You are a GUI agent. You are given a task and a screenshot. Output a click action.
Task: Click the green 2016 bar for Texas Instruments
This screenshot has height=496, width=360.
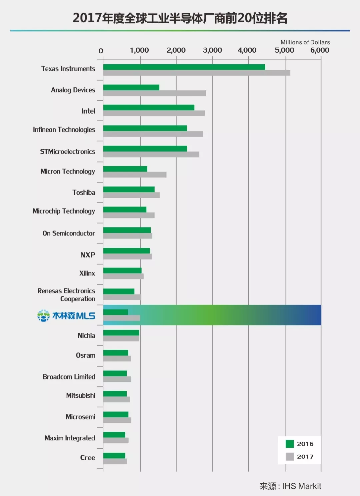point(184,67)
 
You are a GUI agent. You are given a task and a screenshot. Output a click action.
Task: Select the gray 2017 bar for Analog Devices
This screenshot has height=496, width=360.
point(154,93)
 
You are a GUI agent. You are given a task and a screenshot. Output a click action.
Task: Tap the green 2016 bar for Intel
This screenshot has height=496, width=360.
point(149,108)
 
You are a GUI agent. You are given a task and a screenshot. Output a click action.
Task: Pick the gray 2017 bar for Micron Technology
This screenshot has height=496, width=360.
point(135,175)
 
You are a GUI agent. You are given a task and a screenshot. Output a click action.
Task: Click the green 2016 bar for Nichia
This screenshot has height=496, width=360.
point(121,333)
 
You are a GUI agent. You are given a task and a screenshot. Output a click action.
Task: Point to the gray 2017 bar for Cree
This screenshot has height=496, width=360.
point(115,461)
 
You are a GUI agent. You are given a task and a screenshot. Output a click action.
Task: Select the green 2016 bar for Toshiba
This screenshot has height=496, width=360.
point(129,190)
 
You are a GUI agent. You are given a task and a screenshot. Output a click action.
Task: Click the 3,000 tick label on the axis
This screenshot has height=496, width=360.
point(212,50)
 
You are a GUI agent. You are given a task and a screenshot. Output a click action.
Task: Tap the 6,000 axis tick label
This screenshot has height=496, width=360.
point(320,50)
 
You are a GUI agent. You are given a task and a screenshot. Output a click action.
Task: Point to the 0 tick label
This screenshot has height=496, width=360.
point(101,51)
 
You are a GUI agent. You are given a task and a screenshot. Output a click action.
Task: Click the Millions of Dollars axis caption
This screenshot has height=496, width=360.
point(305,42)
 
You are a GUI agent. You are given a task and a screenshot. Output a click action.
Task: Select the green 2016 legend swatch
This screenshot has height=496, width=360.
point(290,444)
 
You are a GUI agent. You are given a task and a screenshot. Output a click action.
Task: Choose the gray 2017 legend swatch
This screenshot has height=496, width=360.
point(290,456)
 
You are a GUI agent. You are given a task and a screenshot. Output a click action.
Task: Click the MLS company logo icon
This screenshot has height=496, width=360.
point(43,315)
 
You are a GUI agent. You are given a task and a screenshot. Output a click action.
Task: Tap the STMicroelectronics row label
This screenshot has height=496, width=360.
point(67,152)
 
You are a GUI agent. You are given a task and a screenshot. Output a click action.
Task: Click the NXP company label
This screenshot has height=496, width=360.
point(88,255)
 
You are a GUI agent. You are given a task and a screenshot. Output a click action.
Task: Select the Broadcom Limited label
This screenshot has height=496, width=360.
point(69,377)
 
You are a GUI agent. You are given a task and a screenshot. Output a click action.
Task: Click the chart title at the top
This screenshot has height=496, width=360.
point(180,18)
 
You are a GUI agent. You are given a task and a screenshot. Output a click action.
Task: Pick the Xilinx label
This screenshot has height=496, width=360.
point(87,273)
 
